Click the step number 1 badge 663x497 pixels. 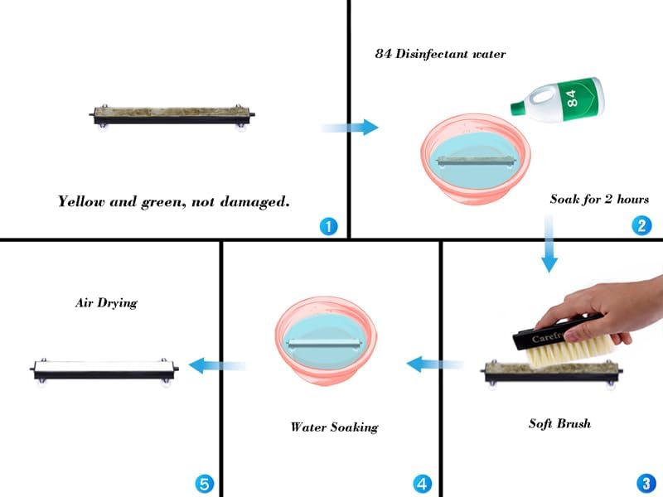click(x=328, y=226)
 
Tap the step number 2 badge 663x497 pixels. click(x=641, y=225)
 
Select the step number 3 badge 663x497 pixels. click(x=646, y=483)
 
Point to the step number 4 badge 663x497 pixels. click(x=422, y=484)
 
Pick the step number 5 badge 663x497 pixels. click(x=204, y=484)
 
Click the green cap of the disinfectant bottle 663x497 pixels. click(x=517, y=108)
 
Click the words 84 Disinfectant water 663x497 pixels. click(x=440, y=54)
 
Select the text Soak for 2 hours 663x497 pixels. click(x=599, y=199)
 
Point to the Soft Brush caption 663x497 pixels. click(x=560, y=423)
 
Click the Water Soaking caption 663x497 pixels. click(x=335, y=427)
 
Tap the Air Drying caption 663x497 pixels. click(x=106, y=303)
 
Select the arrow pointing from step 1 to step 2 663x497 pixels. click(x=350, y=128)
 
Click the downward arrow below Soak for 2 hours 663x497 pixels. click(x=549, y=244)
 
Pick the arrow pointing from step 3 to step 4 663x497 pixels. click(x=435, y=364)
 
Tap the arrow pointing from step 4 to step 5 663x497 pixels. click(x=217, y=365)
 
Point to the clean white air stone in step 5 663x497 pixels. click(x=104, y=370)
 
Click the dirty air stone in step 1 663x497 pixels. click(x=172, y=115)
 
